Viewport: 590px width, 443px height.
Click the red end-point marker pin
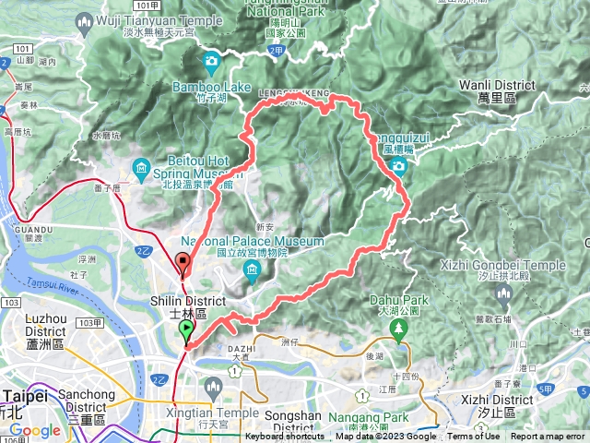coord(183,264)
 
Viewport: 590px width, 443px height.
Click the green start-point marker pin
coord(187,330)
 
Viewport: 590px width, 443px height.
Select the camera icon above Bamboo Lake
coord(211,63)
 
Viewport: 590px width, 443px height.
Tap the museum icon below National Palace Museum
coord(253,269)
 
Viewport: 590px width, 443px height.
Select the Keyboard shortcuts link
coord(284,437)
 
